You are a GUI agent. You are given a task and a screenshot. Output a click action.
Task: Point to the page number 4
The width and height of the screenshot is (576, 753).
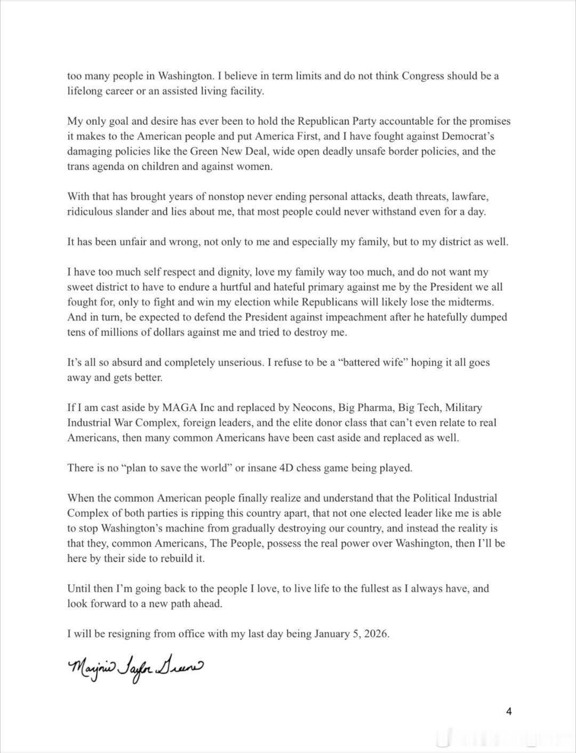[509, 711]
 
